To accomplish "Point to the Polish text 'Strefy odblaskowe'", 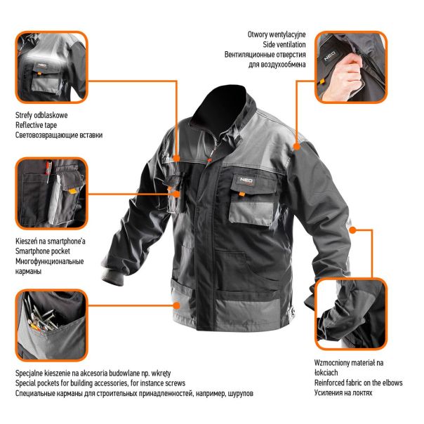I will (x=42, y=114).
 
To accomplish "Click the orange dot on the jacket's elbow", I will (x=351, y=228).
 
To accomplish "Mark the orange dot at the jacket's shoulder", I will (x=297, y=147).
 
